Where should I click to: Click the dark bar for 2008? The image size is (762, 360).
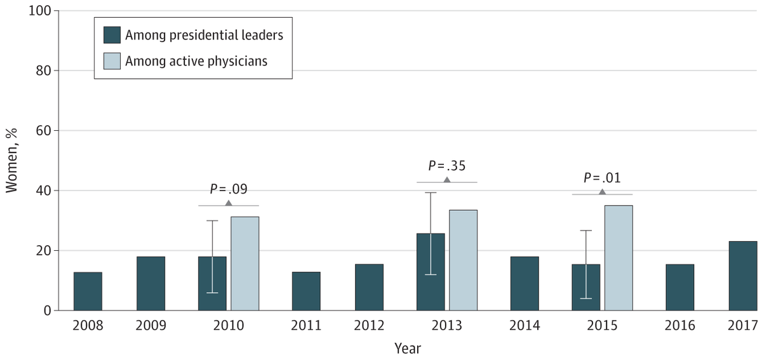88,291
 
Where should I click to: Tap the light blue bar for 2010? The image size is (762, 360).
244,263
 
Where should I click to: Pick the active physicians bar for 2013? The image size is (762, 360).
463,260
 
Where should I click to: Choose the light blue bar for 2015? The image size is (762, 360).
618,258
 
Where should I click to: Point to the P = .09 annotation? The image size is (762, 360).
229,189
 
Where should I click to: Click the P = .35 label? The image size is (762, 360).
447,165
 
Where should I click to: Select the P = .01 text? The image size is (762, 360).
602,177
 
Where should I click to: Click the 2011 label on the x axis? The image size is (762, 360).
306,325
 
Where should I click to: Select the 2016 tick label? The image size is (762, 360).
679,325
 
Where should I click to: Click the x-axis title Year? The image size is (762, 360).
407,348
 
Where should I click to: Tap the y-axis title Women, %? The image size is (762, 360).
13,161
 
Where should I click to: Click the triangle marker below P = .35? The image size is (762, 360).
447,180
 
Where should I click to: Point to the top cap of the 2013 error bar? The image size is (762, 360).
431,192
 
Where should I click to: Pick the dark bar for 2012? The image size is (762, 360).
369,288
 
